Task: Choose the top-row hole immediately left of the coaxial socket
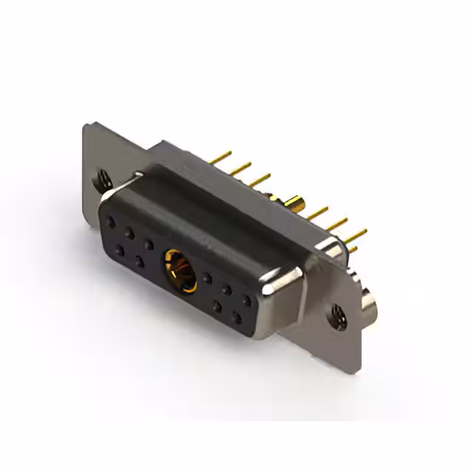coord(149,243)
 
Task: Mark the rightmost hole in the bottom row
coord(237,318)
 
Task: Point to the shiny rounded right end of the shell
coord(285,296)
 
